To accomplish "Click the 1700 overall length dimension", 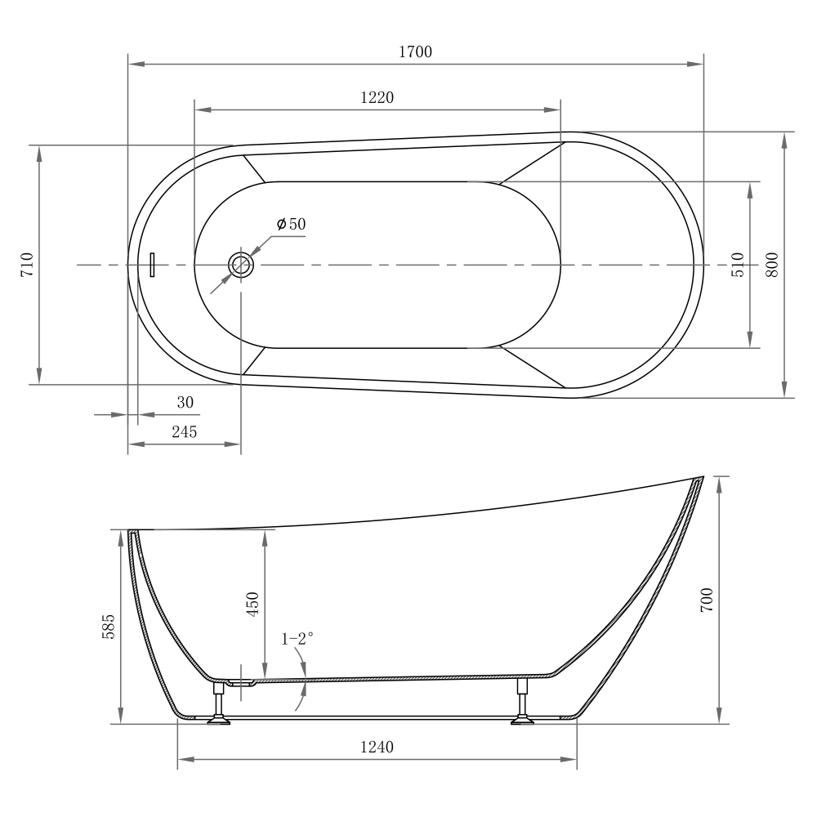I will [x=415, y=51].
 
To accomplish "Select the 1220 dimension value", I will [x=377, y=97].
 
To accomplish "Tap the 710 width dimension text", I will [x=27, y=265].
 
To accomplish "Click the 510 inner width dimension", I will [x=738, y=265].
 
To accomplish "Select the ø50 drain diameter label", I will [x=291, y=224].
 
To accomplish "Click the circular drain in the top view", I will [x=241, y=265].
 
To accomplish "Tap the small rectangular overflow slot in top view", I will [x=152, y=265].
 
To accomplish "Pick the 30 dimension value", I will [x=185, y=402].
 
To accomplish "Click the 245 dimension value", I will [x=184, y=432].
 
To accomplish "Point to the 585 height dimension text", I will [x=109, y=627].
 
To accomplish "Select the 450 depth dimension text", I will [x=252, y=604].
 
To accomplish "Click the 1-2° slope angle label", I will [x=298, y=639].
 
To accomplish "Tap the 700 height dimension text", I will [x=708, y=600].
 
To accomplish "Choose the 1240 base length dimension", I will [x=377, y=747].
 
